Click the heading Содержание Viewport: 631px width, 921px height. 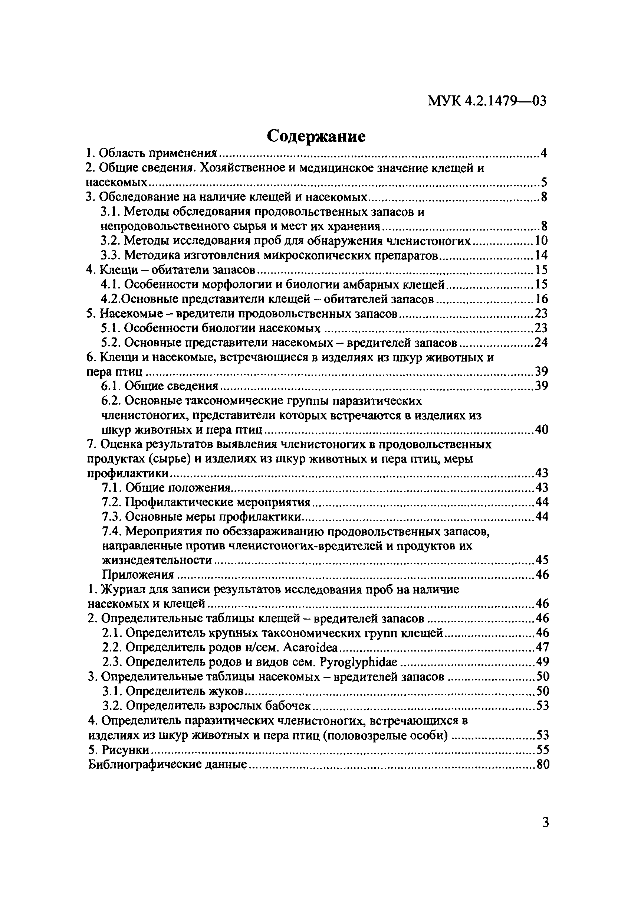(x=316, y=136)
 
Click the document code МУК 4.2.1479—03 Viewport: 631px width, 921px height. (x=487, y=101)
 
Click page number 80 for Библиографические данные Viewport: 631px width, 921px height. (x=543, y=764)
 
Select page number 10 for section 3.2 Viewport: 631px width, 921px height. (x=541, y=241)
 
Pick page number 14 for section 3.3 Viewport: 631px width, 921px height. (x=541, y=255)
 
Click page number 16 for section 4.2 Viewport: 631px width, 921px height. (x=541, y=299)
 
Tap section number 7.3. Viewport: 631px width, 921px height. (x=111, y=517)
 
